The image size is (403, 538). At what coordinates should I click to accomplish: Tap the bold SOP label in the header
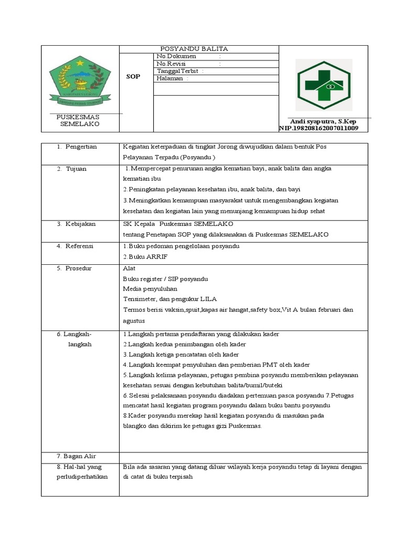(133, 77)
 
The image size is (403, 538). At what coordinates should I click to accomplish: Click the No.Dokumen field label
(177, 56)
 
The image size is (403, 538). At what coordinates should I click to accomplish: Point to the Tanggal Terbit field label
(178, 71)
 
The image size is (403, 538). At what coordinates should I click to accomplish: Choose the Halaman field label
(170, 78)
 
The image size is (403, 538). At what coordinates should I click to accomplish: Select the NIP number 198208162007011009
(319, 128)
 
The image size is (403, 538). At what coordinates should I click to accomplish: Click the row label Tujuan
(76, 169)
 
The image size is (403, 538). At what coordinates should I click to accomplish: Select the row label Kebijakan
(80, 224)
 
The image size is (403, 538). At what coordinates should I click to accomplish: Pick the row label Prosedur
(79, 268)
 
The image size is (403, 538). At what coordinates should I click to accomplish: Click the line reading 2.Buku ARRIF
(142, 257)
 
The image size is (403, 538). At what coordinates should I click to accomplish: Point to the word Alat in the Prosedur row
(129, 268)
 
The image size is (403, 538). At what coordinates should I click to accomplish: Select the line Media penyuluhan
(150, 288)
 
